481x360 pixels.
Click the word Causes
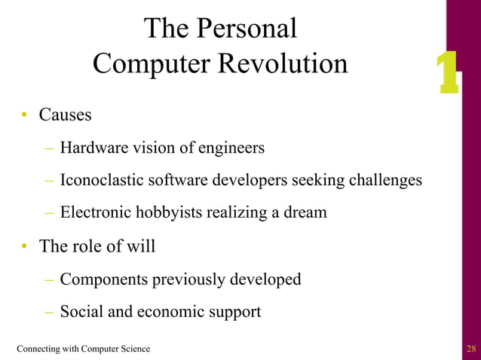[x=66, y=115]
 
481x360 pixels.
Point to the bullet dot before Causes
[x=25, y=115]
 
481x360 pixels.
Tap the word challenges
[x=383, y=181]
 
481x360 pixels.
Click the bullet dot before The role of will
[x=25, y=246]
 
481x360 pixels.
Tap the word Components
[x=104, y=279]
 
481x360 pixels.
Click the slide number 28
[x=471, y=348]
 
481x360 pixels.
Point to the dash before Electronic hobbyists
[x=49, y=212]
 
